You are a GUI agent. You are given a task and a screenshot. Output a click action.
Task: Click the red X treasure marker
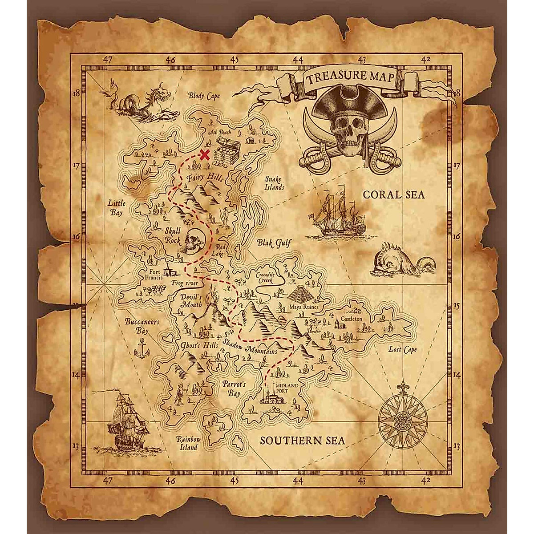coord(204,155)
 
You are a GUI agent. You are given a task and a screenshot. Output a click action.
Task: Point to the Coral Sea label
coord(387,195)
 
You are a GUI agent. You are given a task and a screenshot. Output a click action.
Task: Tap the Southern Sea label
coord(302,441)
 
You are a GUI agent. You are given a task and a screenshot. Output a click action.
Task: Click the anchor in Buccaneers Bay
coord(142,346)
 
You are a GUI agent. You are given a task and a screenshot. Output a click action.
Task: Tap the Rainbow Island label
coord(188,442)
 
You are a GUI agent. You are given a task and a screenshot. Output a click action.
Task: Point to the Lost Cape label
coord(403,349)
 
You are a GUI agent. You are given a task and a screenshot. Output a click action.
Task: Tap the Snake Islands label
coord(275,183)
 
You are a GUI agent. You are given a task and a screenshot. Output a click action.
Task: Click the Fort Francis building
coord(168,269)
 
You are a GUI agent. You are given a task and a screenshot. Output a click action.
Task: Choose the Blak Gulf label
coord(274,243)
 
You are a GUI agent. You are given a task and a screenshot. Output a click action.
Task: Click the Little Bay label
coord(117,208)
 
